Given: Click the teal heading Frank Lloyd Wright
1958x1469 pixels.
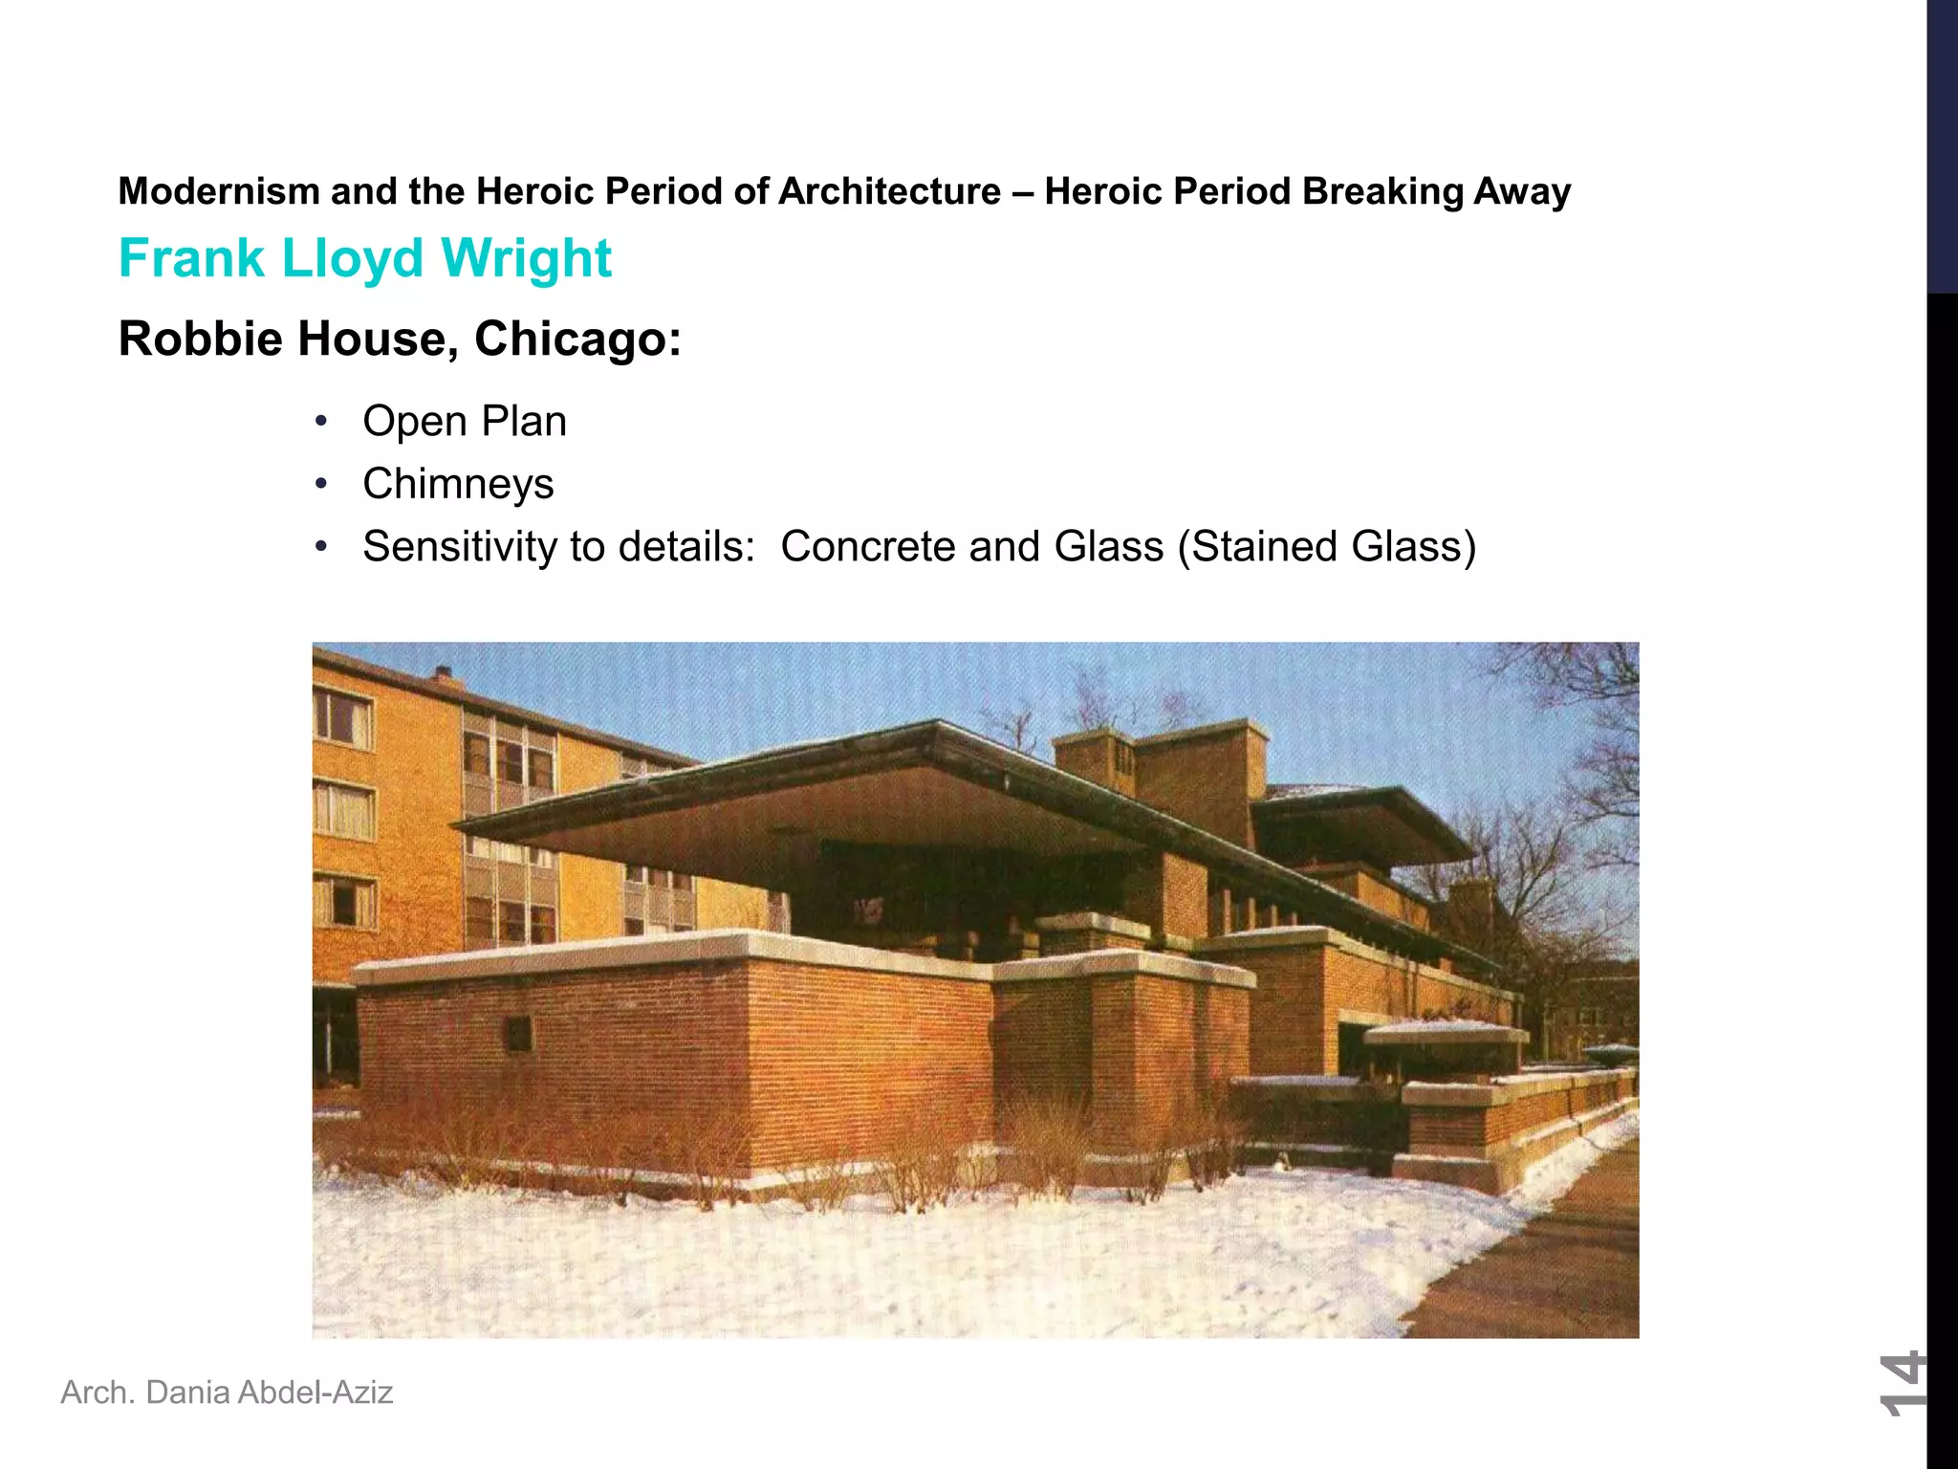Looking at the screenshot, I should pyautogui.click(x=364, y=258).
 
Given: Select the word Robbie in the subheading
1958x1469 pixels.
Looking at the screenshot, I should pyautogui.click(x=201, y=340).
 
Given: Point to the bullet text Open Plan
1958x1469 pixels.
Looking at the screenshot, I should pyautogui.click(x=465, y=422).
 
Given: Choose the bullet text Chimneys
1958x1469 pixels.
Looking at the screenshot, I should pyautogui.click(x=458, y=484).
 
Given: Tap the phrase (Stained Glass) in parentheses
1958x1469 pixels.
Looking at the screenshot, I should pyautogui.click(x=1327, y=547).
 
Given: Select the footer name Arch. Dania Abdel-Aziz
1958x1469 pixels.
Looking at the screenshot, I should pyautogui.click(x=227, y=1392).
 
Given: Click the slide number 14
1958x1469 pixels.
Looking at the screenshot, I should pyautogui.click(x=1901, y=1383).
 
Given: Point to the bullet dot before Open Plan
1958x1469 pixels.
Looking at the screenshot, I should pyautogui.click(x=322, y=422).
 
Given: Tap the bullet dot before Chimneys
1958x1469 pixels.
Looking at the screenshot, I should pyautogui.click(x=322, y=484).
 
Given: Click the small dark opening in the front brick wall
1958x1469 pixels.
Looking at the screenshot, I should pyautogui.click(x=518, y=1033).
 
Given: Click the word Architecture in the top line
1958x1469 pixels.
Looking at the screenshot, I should pyautogui.click(x=889, y=192).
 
